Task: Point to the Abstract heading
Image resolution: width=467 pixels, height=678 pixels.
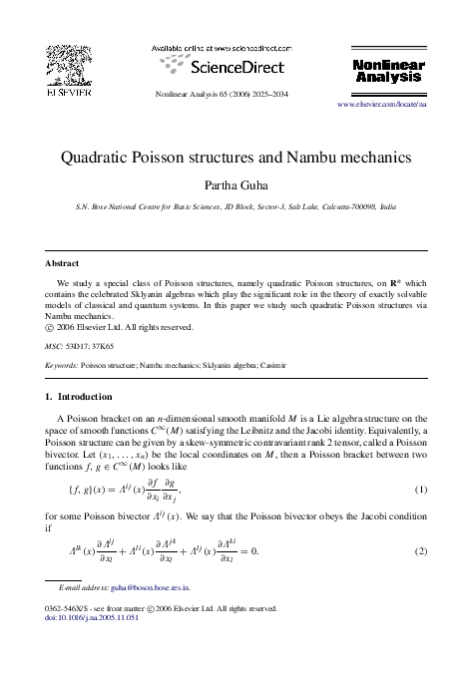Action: [x=63, y=263]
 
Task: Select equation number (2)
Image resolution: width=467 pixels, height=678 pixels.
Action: [x=421, y=550]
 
